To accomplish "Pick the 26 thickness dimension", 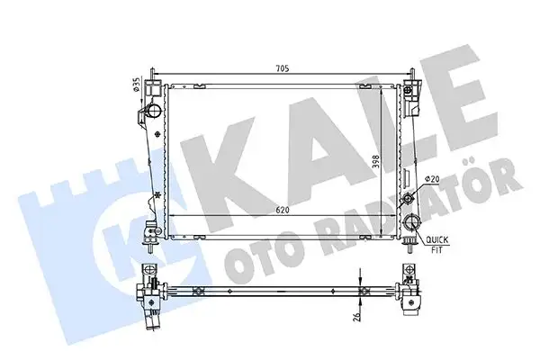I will click(357, 316).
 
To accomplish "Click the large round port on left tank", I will click(152, 112).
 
